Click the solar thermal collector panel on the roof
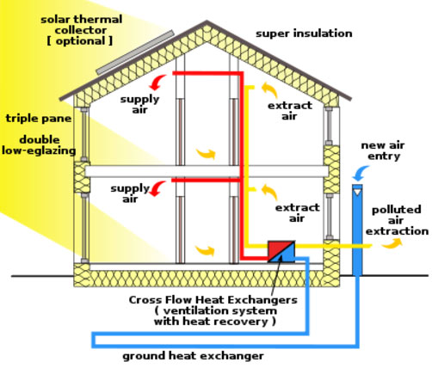point(135,52)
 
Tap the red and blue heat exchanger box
point(281,251)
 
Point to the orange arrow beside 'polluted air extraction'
point(392,243)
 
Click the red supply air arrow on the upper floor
point(157,83)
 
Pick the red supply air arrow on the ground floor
point(157,188)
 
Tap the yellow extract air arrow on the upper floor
point(269,89)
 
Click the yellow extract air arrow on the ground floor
point(269,192)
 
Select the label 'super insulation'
point(304,34)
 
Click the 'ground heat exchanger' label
point(193,356)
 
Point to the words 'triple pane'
point(39,119)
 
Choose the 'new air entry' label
point(383,150)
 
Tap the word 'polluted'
point(397,210)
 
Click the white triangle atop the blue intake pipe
point(357,192)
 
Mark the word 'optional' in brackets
point(80,41)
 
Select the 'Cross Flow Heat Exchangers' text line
point(213,300)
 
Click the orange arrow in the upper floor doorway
point(206,154)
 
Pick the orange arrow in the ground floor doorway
point(205,250)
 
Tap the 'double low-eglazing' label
point(39,145)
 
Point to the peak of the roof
point(207,21)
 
